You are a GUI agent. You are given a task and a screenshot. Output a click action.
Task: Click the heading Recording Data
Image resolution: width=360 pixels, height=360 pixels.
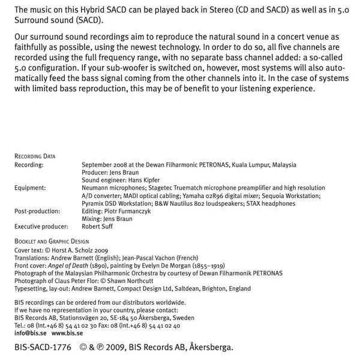[x=35, y=156]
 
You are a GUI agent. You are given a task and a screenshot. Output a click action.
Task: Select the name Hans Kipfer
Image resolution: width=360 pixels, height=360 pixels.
[x=143, y=180]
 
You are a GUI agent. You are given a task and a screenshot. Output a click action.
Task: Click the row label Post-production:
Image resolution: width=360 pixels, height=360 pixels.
[x=37, y=211]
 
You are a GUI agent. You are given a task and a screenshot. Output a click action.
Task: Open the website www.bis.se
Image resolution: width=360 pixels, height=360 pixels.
[x=67, y=332]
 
